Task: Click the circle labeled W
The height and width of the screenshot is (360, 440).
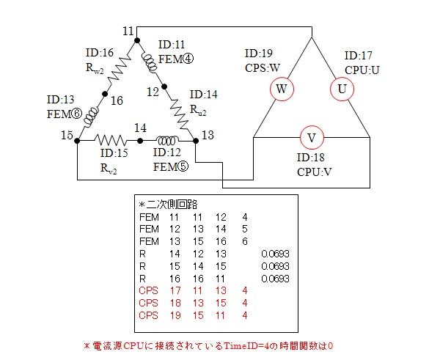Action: pyautogui.click(x=281, y=89)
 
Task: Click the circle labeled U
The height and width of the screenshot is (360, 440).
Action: pyautogui.click(x=340, y=89)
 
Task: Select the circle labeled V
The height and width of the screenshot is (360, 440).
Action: pyautogui.click(x=311, y=137)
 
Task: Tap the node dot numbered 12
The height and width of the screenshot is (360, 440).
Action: pyautogui.click(x=164, y=86)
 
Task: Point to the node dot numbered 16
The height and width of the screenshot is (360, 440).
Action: pyautogui.click(x=106, y=94)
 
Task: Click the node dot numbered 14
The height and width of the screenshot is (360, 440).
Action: pyautogui.click(x=140, y=139)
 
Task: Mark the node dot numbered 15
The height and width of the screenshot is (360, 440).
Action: pyautogui.click(x=78, y=139)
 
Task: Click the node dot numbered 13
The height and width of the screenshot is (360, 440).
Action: pyautogui.click(x=194, y=139)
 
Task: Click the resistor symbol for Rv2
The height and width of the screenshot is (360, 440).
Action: pyautogui.click(x=110, y=139)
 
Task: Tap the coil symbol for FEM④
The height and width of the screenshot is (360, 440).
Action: pyautogui.click(x=149, y=61)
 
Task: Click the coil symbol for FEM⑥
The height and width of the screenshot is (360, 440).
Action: pyautogui.click(x=91, y=117)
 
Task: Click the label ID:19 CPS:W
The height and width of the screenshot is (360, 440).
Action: pyautogui.click(x=262, y=59)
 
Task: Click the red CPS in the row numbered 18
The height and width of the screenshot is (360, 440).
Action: pyautogui.click(x=148, y=302)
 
